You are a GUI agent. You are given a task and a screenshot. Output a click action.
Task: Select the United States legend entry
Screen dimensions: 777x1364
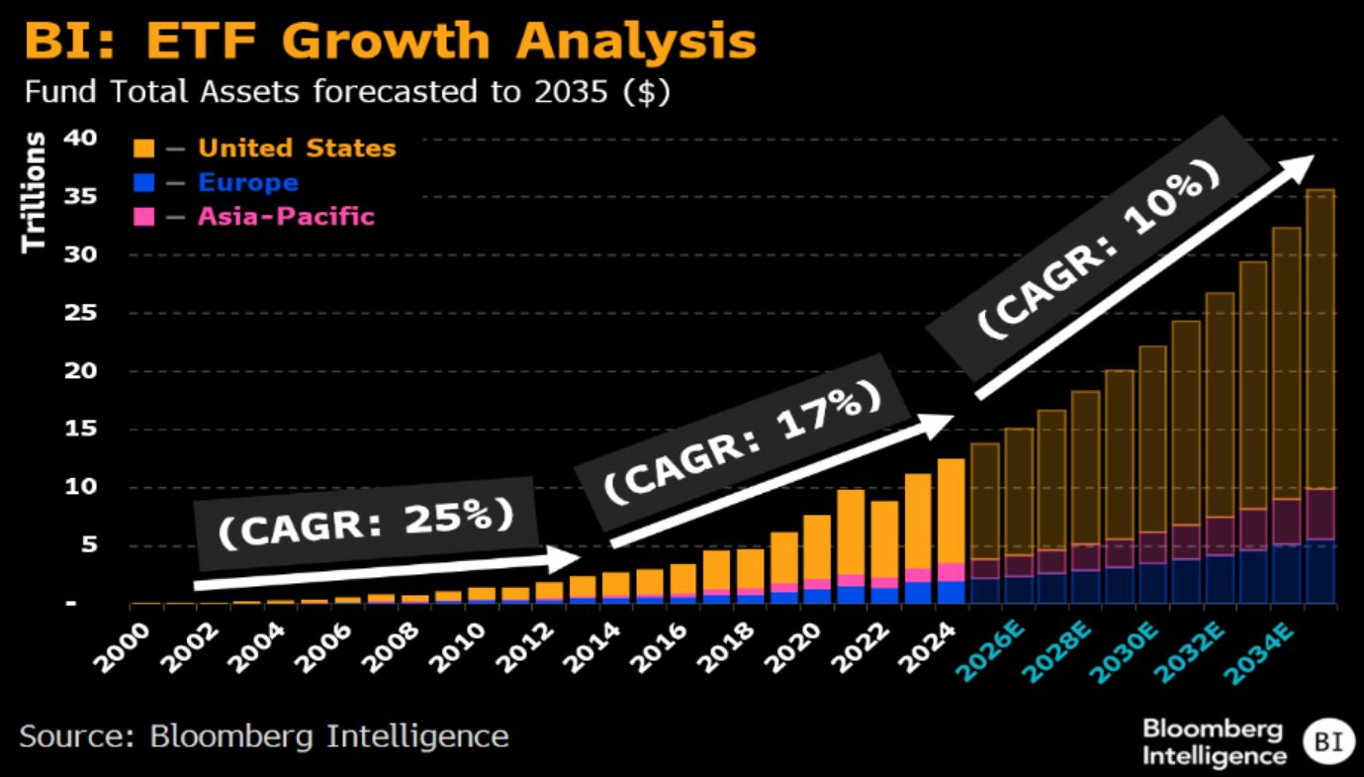pyautogui.click(x=296, y=148)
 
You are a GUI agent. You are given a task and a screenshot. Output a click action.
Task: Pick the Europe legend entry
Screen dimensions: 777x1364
pyautogui.click(x=247, y=183)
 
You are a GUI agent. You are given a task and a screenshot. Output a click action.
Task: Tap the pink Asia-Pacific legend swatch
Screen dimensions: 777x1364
pyautogui.click(x=144, y=217)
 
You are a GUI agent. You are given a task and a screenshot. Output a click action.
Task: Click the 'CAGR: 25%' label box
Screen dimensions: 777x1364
pyautogui.click(x=366, y=524)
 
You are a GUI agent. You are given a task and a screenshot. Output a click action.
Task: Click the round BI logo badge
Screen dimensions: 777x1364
pyautogui.click(x=1322, y=741)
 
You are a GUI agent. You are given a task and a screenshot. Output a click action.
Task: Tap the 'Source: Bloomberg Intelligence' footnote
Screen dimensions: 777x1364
pyautogui.click(x=263, y=736)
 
